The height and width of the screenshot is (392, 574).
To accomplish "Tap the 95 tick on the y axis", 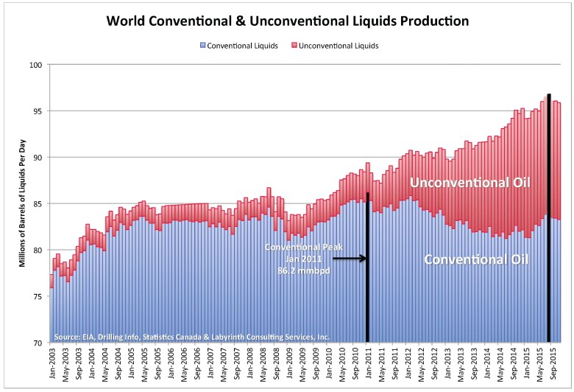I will pyautogui.click(x=38, y=111).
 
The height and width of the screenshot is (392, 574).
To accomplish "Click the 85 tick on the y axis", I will pyautogui.click(x=38, y=204).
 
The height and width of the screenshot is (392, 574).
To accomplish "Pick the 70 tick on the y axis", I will pyautogui.click(x=38, y=343).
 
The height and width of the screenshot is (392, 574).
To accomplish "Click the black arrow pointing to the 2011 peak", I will pyautogui.click(x=350, y=259).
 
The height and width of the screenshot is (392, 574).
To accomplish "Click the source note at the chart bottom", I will pyautogui.click(x=191, y=336).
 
